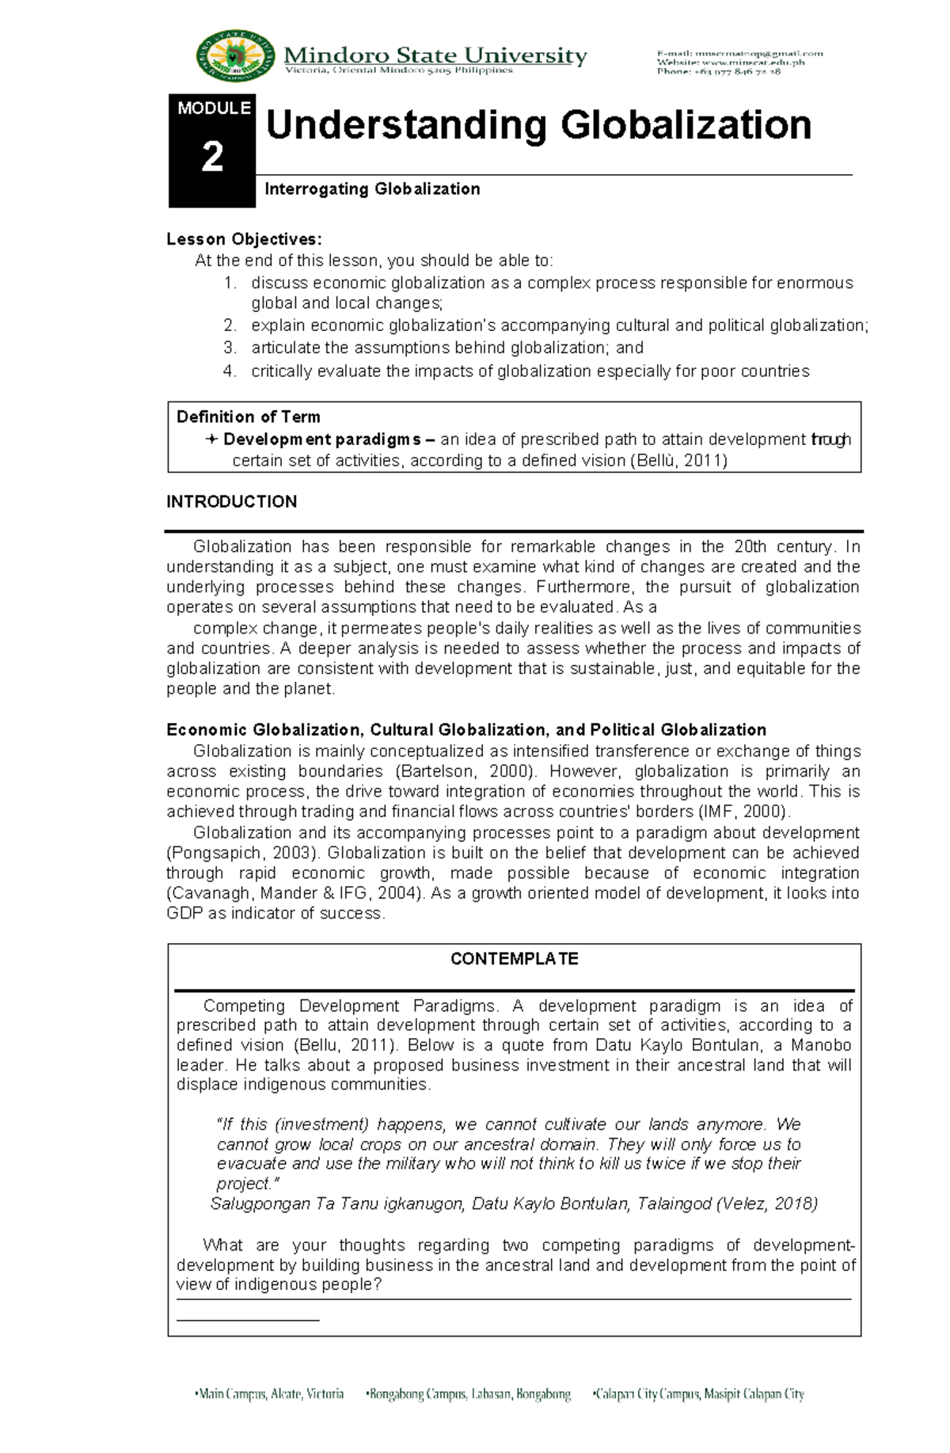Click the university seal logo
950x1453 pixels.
tap(235, 56)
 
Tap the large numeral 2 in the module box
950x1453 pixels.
tap(212, 158)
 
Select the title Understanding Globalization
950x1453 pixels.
tap(538, 126)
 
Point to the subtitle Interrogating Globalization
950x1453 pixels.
tap(372, 189)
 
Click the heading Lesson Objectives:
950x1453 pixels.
tap(244, 239)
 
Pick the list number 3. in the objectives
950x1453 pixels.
tap(230, 348)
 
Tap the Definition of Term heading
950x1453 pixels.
tap(248, 417)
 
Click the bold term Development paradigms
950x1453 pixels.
tap(322, 439)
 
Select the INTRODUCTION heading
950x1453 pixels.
tap(231, 502)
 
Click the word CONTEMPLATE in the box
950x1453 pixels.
tap(514, 959)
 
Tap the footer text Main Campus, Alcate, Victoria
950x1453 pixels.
tap(270, 1394)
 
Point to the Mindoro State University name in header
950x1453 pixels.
tap(435, 55)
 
